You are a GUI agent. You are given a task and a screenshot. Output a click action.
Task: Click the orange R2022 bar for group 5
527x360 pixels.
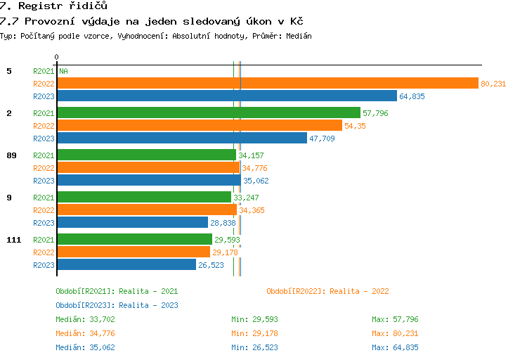coord(267,84)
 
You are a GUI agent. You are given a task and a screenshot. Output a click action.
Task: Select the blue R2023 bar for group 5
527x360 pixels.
coord(226,96)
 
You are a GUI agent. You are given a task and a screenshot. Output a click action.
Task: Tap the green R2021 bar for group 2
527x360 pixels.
coord(208,112)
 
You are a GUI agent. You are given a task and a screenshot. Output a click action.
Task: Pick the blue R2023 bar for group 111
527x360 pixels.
coord(126,265)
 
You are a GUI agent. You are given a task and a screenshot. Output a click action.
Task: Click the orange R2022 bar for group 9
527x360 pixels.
coord(146,210)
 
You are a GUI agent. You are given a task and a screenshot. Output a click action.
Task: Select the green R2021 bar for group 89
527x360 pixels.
coord(146,155)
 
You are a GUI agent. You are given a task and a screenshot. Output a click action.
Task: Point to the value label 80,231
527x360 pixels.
coord(493,84)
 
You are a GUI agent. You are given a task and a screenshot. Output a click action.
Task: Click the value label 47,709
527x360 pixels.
coord(322,139)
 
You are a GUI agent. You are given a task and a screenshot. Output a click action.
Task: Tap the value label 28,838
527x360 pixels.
coord(223,223)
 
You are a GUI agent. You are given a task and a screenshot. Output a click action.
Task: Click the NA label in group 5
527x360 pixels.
coord(63,71)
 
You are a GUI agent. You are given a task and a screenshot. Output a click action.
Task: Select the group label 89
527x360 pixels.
coord(11,155)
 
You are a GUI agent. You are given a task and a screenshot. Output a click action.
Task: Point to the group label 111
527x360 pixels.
coord(13,240)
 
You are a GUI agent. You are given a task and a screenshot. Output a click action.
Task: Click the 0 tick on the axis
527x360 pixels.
coord(56,57)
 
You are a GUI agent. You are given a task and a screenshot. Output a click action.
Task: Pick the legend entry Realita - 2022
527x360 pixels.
coord(327,291)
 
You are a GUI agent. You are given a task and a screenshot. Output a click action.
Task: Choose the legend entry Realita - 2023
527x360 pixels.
coord(117,305)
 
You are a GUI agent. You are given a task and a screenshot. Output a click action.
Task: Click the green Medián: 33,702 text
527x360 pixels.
coord(85,319)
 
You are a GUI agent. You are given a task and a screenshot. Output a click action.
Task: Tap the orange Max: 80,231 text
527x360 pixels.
coord(395,333)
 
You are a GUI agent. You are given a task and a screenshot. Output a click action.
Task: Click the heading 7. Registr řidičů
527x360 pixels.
coord(53,6)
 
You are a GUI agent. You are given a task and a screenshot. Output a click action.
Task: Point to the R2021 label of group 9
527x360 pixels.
coord(44,198)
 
